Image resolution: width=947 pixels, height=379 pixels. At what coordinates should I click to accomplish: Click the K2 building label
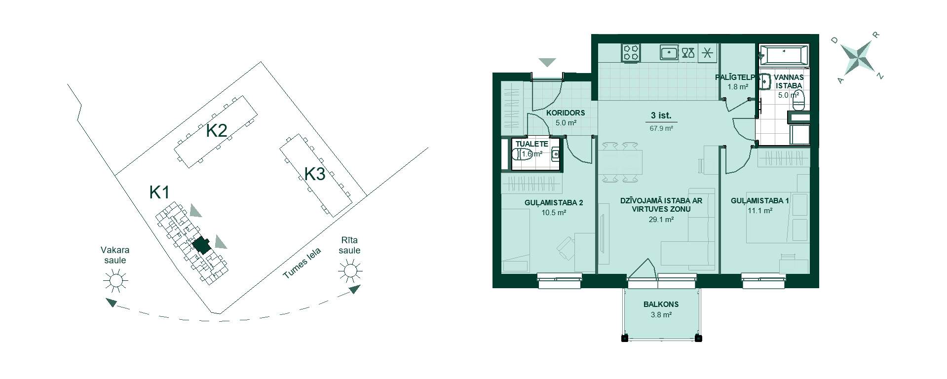[x=216, y=131]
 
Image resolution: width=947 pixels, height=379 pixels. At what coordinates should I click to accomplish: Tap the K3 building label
[x=315, y=174]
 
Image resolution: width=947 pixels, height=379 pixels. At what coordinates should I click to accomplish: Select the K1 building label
[x=159, y=192]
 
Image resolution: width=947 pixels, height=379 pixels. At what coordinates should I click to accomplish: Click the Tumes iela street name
[x=302, y=264]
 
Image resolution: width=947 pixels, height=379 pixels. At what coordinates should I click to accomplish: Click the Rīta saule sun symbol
[x=350, y=271]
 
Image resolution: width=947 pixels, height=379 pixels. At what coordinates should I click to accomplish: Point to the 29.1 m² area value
[x=661, y=220]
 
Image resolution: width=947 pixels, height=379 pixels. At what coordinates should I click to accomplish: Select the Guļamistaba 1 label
[x=759, y=201]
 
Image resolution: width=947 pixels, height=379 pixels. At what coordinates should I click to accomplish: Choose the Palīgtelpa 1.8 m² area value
[x=738, y=87]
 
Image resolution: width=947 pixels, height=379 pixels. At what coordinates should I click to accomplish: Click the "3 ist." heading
[x=661, y=115]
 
